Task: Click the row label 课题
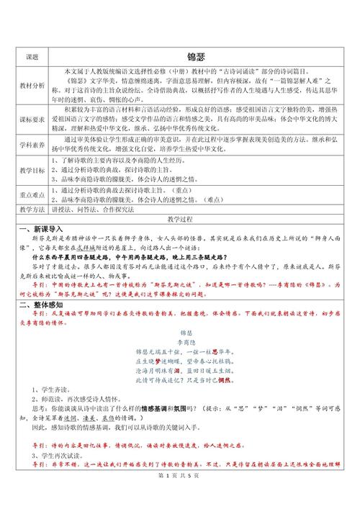(32, 55)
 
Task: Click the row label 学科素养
(32, 145)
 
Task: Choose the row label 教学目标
(32, 172)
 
